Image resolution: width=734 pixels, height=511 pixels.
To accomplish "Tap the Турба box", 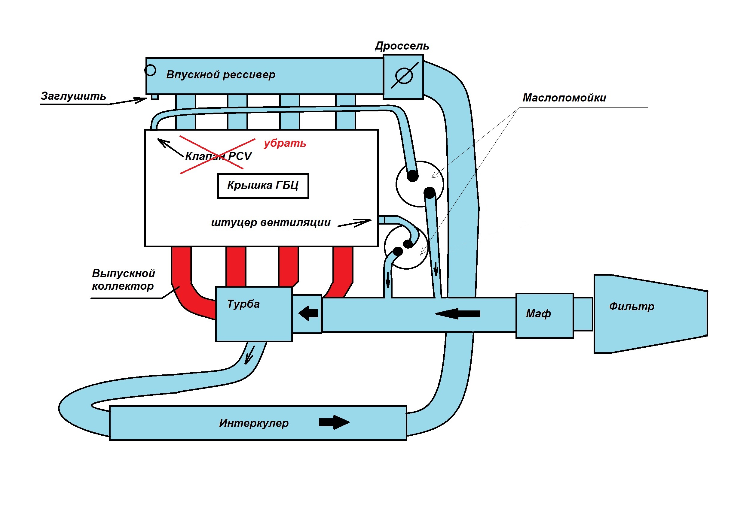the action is coord(254,314).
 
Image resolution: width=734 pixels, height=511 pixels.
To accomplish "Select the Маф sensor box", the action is coord(545,316).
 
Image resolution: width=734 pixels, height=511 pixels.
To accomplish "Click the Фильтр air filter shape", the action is coord(651,314).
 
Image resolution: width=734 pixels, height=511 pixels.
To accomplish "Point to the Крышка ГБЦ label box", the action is coord(263,186).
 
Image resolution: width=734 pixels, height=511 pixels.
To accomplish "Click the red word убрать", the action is coord(285,143).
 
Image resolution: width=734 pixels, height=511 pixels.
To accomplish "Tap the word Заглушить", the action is coord(73,96).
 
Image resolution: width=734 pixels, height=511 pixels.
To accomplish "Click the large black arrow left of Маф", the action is coord(458,314).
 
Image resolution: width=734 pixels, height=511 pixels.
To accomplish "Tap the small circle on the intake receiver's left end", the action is coord(150,70).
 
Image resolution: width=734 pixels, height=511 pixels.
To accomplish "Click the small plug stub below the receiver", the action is coord(155,96).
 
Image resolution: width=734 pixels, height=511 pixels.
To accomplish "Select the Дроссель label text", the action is coord(402,46).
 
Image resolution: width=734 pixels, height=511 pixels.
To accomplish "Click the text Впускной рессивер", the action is coord(221,74).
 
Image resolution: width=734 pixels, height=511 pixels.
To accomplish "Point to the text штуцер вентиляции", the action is coord(271,222).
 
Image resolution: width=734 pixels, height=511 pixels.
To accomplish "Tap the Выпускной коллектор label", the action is coord(124,280).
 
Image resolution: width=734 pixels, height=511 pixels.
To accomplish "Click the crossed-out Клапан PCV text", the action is coord(218,156).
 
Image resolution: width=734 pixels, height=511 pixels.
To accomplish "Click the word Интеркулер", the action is coord(254,423).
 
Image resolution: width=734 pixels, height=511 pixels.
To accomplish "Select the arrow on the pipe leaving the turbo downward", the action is coord(249,355).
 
